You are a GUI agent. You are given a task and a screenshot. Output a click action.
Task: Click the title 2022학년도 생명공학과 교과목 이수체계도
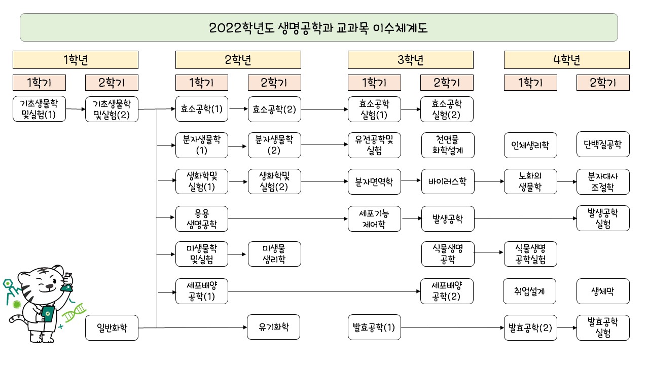pos(318,27)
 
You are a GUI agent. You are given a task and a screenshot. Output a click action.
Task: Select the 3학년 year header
pos(410,60)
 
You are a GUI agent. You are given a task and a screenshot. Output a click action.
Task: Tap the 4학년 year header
pos(566,60)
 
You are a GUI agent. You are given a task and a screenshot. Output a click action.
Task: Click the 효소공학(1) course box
pos(201,109)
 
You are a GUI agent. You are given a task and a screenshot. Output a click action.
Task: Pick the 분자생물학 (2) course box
pos(274,145)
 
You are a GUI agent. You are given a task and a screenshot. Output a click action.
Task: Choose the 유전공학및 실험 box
pos(375,145)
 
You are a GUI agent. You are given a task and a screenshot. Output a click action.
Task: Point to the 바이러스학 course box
pos(447,181)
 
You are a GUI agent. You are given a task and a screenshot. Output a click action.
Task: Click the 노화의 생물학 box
pos(530,181)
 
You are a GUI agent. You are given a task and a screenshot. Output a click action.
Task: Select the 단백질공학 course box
pos(603,145)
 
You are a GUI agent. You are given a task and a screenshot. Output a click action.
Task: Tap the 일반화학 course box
pos(112,327)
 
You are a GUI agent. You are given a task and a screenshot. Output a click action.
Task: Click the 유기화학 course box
pos(274,327)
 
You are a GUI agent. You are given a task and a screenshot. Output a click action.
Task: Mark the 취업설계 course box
pos(530,291)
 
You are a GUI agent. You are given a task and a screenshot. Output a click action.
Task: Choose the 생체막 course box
pos(603,291)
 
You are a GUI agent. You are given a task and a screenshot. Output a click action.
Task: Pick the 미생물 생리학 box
pos(274,254)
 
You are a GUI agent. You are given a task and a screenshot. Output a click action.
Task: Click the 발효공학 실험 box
pos(603,327)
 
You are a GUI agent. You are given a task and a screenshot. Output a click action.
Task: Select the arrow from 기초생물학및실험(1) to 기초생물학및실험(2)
pos(76,109)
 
